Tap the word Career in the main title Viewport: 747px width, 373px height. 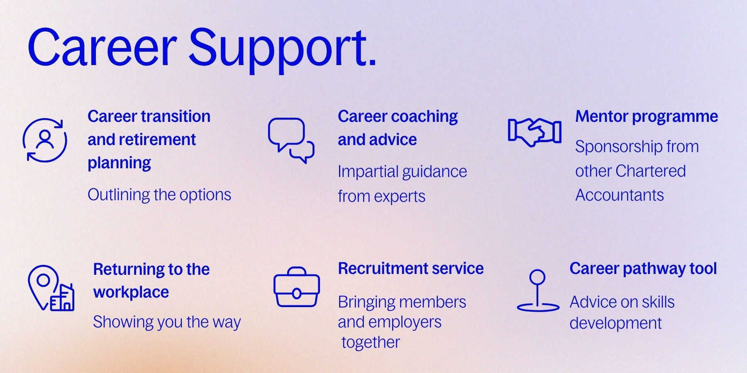[x=103, y=46]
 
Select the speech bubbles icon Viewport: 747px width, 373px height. [x=291, y=140]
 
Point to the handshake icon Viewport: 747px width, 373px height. [x=535, y=132]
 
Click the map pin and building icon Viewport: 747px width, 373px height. [x=51, y=288]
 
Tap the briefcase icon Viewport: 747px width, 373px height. [x=297, y=287]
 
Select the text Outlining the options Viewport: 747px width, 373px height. [x=159, y=195]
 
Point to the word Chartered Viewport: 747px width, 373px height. [x=650, y=171]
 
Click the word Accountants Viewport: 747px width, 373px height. [x=620, y=195]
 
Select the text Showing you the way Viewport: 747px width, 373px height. [x=167, y=322]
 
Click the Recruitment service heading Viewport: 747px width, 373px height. [x=411, y=269]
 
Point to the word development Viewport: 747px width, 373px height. [x=615, y=323]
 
